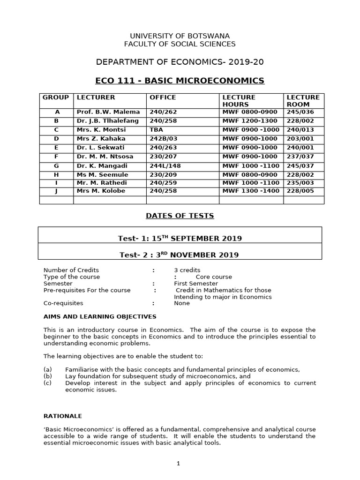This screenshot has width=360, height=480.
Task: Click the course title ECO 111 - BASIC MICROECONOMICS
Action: pyautogui.click(x=180, y=81)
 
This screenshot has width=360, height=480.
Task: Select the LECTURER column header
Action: pyautogui.click(x=96, y=97)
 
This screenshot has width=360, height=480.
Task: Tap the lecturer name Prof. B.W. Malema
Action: pyautogui.click(x=108, y=112)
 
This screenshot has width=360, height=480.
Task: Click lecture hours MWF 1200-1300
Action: pyautogui.click(x=250, y=121)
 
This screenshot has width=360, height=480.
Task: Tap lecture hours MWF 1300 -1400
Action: pyautogui.click(x=251, y=191)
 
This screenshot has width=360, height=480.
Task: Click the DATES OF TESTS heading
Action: pyautogui.click(x=180, y=216)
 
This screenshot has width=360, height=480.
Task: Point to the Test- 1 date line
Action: pyautogui.click(x=180, y=238)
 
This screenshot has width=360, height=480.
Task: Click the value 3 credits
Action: pyautogui.click(x=187, y=270)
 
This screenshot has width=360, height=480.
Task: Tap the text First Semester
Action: pyautogui.click(x=195, y=284)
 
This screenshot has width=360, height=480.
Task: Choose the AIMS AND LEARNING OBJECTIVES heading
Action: pyautogui.click(x=100, y=317)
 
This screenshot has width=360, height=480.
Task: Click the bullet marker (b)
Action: pyautogui.click(x=47, y=376)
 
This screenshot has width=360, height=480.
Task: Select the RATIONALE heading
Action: pyautogui.click(x=63, y=416)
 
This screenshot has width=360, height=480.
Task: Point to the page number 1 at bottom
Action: pyautogui.click(x=178, y=464)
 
